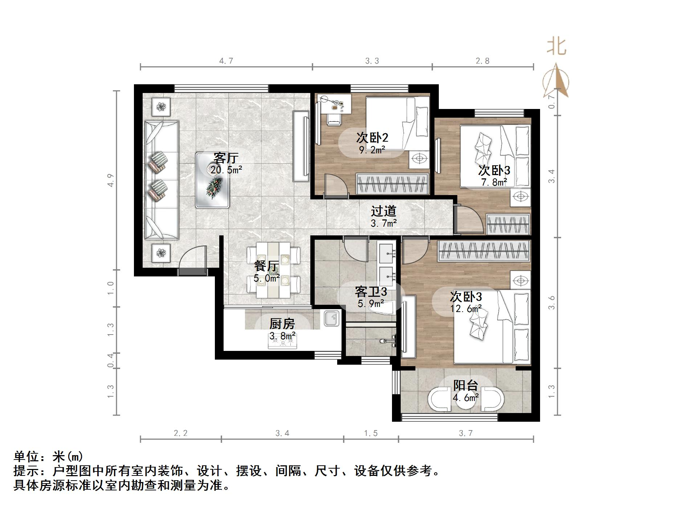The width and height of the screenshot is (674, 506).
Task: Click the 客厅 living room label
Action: pyautogui.click(x=225, y=158)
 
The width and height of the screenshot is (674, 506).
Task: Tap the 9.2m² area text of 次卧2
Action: pyautogui.click(x=372, y=150)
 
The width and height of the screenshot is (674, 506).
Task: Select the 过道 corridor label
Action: pyautogui.click(x=383, y=211)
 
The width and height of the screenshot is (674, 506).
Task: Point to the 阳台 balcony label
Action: pyautogui.click(x=465, y=385)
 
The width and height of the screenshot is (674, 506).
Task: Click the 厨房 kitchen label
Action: pyautogui.click(x=282, y=323)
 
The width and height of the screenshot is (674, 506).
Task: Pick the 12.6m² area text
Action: pyautogui.click(x=466, y=309)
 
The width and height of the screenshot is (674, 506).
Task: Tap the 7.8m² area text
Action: pyautogui.click(x=494, y=182)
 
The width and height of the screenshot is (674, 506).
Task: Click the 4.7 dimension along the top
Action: pyautogui.click(x=226, y=61)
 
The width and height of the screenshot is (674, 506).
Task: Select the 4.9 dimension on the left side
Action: pyautogui.click(x=111, y=181)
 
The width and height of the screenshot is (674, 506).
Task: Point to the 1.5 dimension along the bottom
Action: pyautogui.click(x=371, y=433)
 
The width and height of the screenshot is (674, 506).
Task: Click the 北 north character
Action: pyautogui.click(x=556, y=47)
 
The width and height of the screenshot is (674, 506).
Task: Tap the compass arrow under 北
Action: pyautogui.click(x=556, y=82)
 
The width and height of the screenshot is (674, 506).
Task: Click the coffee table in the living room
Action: pyautogui.click(x=212, y=180)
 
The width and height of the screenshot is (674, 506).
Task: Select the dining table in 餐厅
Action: pyautogui.click(x=273, y=270)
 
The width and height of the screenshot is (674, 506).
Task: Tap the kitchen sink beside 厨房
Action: pyautogui.click(x=331, y=318)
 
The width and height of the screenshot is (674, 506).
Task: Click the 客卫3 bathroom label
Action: pyautogui.click(x=371, y=291)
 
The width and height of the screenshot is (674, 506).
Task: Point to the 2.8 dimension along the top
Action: pyautogui.click(x=482, y=61)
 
